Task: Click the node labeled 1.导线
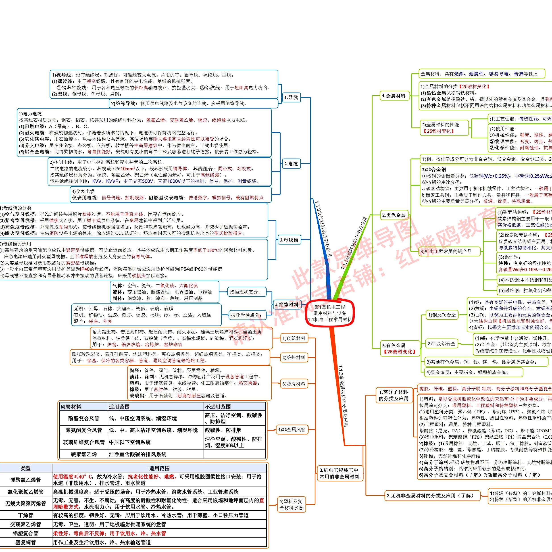pos(291,97)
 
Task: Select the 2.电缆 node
pos(291,164)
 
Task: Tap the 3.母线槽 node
pos(289,240)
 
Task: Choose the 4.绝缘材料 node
pos(287,305)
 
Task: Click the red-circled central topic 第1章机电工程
pos(330,313)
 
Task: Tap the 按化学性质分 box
pos(246,315)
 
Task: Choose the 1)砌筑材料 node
pos(294,338)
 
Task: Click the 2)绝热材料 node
pos(294,357)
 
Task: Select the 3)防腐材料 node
pos(294,384)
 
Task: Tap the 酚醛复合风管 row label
pos(84,419)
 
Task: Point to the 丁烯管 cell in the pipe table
pos(25,515)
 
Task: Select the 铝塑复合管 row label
pos(25,533)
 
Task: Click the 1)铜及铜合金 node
pos(442,315)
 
